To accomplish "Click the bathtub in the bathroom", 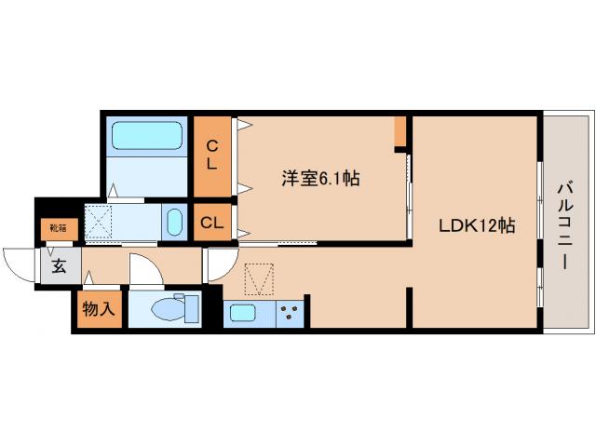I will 147,137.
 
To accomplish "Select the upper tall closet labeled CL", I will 212,155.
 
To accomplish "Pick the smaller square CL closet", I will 211,223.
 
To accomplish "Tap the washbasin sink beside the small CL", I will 174,223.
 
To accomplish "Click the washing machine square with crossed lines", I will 99,223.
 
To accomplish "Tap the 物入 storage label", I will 98,309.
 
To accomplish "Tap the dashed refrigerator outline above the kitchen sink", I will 260,278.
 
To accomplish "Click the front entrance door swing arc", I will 20,263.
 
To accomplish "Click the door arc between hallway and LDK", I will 214,264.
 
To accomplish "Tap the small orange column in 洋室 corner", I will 400,131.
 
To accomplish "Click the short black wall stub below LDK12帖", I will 409,307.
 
